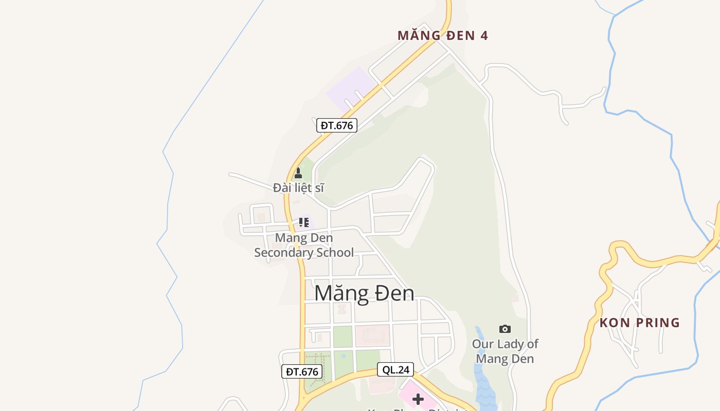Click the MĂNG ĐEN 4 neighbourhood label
[442, 35]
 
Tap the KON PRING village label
[639, 323]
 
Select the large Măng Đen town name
[364, 293]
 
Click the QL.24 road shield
[395, 369]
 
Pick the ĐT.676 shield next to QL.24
[302, 371]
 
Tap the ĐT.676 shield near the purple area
[336, 125]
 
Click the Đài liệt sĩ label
[298, 188]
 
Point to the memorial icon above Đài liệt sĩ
[298, 174]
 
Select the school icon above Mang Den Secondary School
[303, 222]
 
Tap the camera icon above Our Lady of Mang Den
[505, 329]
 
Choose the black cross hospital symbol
[418, 399]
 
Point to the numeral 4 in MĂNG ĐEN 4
[483, 35]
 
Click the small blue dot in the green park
[344, 356]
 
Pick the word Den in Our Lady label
[524, 359]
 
